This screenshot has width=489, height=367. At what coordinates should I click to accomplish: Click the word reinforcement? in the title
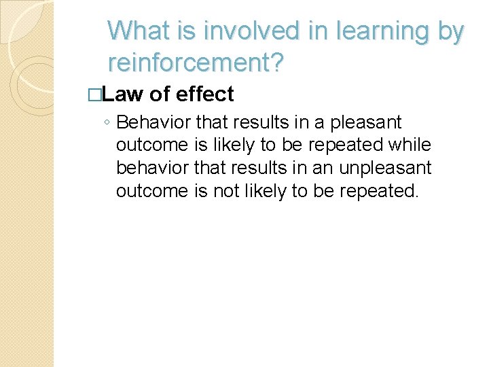click(x=196, y=63)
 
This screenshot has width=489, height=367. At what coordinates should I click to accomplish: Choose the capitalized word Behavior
click(x=153, y=122)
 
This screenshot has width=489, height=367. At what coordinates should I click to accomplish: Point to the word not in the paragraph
click(x=225, y=191)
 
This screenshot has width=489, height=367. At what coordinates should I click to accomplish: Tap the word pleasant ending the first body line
click(x=367, y=123)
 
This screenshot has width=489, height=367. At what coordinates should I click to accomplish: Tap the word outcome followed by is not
click(x=151, y=191)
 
